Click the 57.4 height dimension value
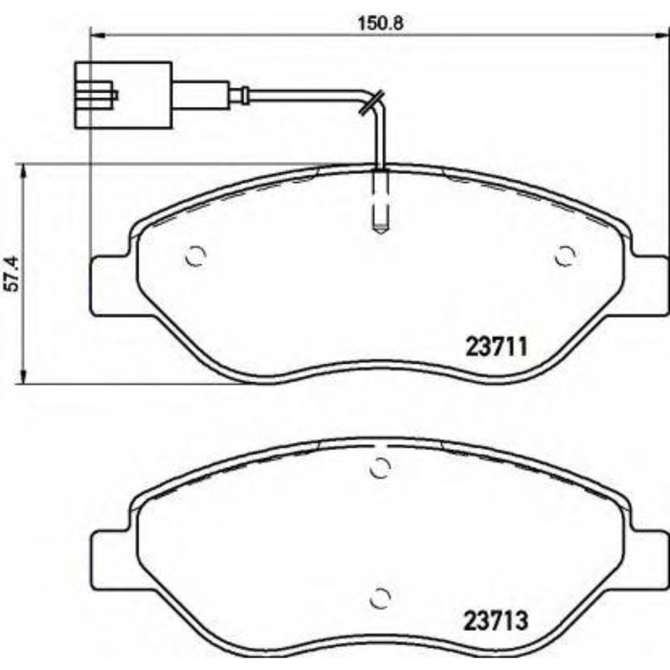tap(11, 273)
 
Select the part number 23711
tap(497, 346)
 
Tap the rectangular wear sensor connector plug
tap(123, 95)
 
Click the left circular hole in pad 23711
tap(195, 257)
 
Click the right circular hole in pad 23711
tap(566, 256)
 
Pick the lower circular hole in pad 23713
tap(380, 595)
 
